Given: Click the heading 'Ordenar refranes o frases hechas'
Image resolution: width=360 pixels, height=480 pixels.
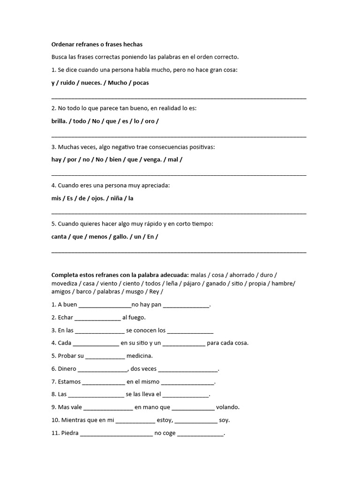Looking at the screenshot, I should point(97,44).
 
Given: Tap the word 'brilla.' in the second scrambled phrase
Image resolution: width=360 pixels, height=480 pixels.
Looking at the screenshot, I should point(60,121).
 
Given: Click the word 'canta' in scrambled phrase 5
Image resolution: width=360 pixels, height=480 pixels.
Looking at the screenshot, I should point(59,236).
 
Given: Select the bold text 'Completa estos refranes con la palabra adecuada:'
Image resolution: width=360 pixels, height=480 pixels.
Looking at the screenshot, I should point(120,275).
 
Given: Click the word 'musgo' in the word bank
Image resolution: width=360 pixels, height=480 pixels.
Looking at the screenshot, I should point(135,292).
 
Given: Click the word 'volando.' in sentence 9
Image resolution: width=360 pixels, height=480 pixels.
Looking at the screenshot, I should point(228,407).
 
